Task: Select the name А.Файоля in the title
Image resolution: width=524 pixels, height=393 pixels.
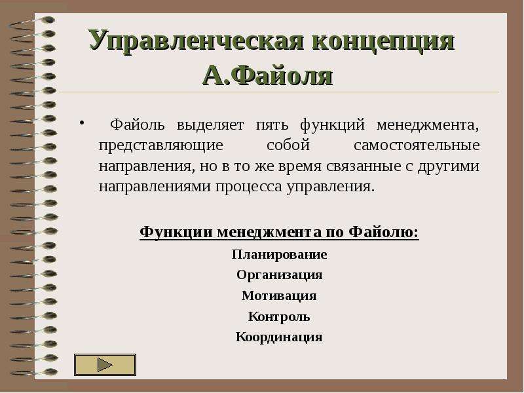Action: (x=268, y=76)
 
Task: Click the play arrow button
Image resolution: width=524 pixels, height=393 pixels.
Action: (x=105, y=365)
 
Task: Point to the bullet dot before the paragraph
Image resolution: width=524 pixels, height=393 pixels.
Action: (x=81, y=122)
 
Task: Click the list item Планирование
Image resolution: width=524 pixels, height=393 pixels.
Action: (x=280, y=255)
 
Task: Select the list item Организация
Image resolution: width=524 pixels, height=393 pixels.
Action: (x=280, y=275)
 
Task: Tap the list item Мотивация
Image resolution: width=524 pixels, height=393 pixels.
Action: (x=279, y=296)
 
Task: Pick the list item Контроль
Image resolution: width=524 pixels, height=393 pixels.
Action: (x=279, y=316)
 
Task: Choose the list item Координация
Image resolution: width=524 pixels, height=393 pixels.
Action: (x=279, y=337)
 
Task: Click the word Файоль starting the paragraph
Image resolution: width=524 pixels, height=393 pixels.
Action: (x=138, y=124)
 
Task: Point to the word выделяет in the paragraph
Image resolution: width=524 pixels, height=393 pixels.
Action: (x=210, y=125)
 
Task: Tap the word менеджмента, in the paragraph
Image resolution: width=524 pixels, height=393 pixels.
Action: (x=428, y=125)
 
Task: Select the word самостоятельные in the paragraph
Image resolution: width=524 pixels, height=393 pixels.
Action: (x=417, y=145)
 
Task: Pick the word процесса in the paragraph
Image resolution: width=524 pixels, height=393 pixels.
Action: (x=249, y=187)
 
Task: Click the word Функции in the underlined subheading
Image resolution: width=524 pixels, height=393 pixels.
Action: (x=176, y=233)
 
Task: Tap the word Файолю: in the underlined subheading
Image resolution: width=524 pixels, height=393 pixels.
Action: (x=384, y=233)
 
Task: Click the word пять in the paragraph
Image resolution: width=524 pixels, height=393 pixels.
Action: (x=272, y=125)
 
